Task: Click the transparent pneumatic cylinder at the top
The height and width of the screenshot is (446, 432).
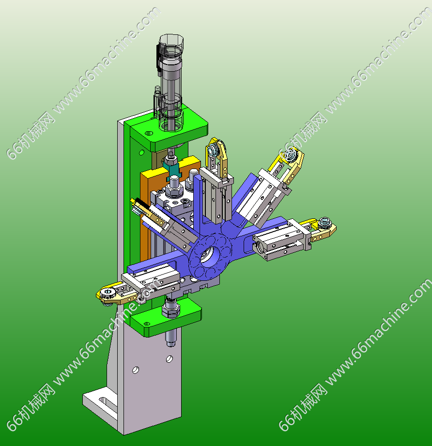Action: pos(170,82)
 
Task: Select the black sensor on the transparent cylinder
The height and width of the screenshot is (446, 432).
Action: pos(158,57)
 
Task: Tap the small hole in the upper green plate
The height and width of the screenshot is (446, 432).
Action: pos(149,133)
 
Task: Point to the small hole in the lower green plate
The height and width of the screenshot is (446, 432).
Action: pos(146,323)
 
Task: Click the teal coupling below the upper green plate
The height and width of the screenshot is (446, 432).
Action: pos(172,170)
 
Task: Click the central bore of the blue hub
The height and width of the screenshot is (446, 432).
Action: pos(209,254)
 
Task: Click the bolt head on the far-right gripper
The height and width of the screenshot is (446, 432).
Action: pos(324,222)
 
